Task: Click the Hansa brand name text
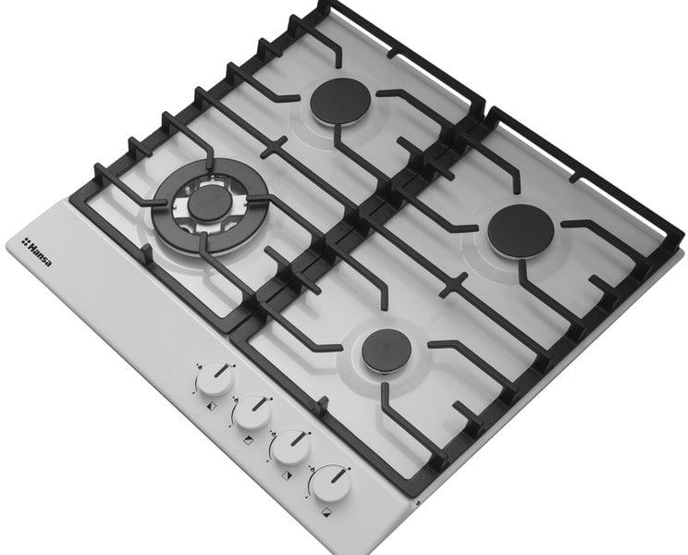[40, 254]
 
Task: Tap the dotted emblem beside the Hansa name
[26, 240]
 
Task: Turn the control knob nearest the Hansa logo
[215, 379]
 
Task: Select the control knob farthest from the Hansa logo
[331, 484]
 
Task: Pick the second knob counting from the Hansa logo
[252, 413]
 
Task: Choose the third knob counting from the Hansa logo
[290, 447]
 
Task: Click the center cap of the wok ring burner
[207, 202]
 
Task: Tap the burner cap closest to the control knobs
[380, 350]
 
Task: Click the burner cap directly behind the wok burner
[340, 103]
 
